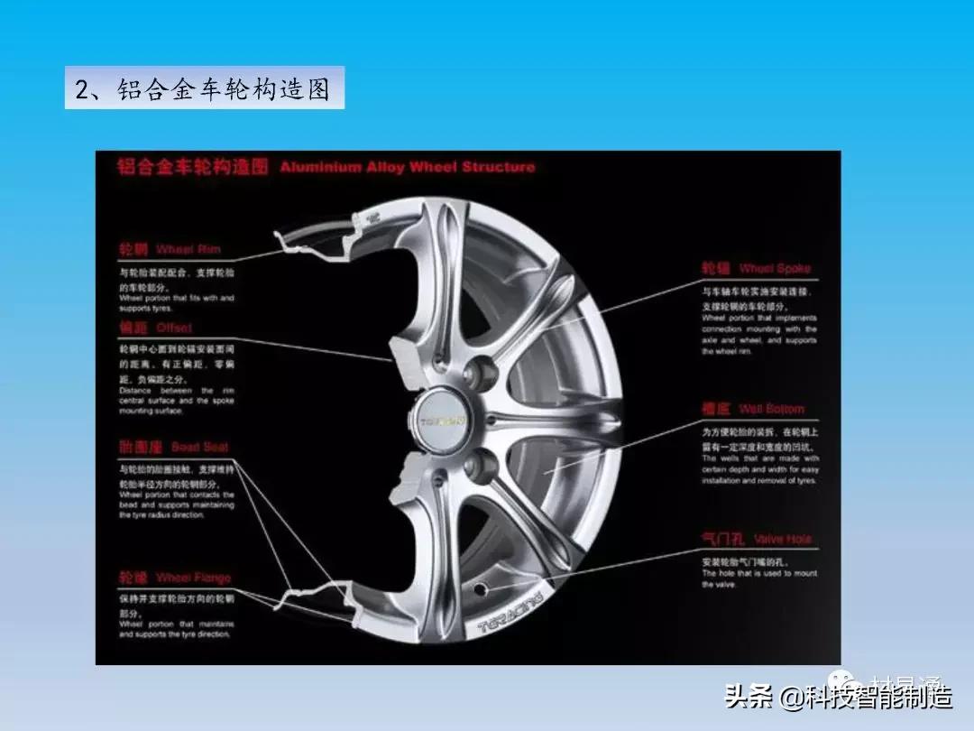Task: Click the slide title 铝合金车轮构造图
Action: [x=204, y=88]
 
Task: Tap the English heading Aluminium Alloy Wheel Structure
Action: [x=407, y=167]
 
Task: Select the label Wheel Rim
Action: [x=188, y=249]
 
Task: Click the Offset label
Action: [x=173, y=328]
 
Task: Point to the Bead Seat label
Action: [x=199, y=447]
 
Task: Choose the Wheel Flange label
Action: [x=193, y=578]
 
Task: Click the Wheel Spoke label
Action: [x=775, y=268]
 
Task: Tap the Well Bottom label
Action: [x=771, y=409]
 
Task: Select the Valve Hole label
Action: [x=782, y=539]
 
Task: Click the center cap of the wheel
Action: [x=443, y=420]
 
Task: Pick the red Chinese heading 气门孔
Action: [x=723, y=539]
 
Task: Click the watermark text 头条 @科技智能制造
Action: [x=839, y=697]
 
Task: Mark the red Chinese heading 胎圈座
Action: [x=142, y=447]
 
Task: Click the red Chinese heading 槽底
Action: [x=715, y=409]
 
